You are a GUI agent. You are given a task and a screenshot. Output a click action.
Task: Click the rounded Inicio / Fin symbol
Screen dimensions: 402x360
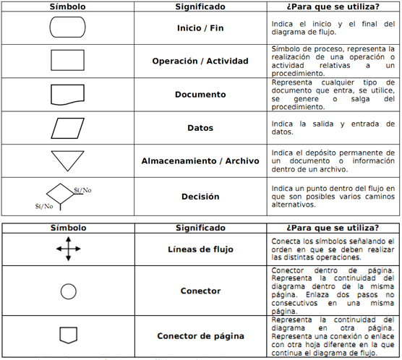point(68,28)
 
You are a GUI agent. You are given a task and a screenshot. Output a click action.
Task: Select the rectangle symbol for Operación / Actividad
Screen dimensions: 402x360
point(68,60)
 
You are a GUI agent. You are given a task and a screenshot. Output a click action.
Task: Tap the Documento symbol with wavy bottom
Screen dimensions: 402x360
point(68,95)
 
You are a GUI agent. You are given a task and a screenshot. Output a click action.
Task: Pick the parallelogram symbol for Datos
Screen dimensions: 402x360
point(68,128)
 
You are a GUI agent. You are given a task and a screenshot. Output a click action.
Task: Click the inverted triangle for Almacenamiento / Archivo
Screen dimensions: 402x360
point(68,160)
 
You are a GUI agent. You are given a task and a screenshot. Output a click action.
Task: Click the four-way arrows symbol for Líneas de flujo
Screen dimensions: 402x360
point(68,250)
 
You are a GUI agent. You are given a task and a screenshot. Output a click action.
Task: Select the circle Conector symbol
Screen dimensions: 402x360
point(68,291)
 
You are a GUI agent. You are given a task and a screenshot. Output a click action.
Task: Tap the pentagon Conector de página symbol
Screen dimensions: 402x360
point(68,335)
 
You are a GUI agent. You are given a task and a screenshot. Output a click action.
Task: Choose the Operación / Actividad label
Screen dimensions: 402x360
point(200,61)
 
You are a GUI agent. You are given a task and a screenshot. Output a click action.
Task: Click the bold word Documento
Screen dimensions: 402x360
point(200,95)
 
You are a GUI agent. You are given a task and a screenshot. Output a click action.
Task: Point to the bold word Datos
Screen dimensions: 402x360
point(200,128)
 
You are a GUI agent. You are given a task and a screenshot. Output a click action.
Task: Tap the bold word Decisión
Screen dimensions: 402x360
point(200,196)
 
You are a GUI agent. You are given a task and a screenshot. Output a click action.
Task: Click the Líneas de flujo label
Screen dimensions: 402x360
point(200,250)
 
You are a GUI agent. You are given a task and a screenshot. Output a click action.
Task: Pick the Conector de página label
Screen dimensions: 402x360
point(200,335)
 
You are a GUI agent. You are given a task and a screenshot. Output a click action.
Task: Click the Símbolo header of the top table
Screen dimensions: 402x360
point(68,7)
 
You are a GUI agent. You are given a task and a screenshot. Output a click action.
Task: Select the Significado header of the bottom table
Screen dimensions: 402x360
point(200,227)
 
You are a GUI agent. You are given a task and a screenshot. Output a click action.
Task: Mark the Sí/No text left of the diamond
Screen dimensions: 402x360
point(43,206)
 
